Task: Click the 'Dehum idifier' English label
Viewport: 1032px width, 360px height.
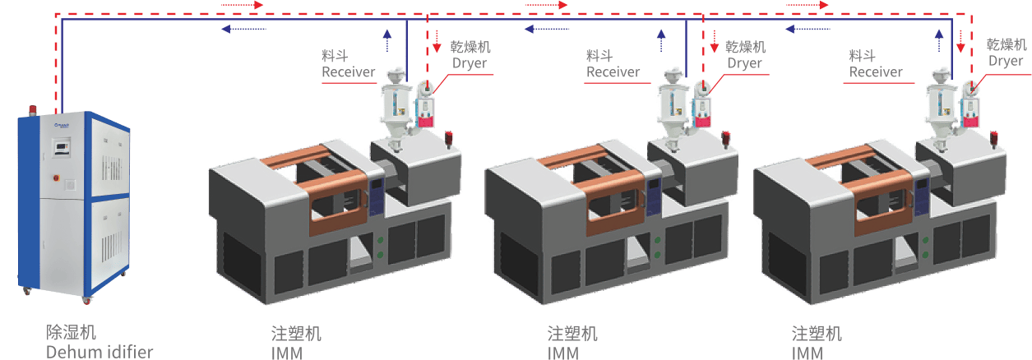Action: [x=99, y=352]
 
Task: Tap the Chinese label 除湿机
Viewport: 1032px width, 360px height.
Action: [x=71, y=332]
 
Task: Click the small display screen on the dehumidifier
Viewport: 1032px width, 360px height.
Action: [x=62, y=147]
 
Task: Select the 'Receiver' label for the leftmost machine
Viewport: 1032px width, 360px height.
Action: [x=348, y=72]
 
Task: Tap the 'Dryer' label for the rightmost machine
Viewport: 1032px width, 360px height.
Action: [x=1005, y=61]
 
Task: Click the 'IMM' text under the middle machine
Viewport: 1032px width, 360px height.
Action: [x=563, y=353]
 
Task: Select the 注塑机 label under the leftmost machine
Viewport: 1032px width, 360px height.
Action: [x=296, y=334]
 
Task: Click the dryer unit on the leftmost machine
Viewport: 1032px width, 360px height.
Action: [x=426, y=105]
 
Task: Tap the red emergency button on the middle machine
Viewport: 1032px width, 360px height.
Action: [x=727, y=135]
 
